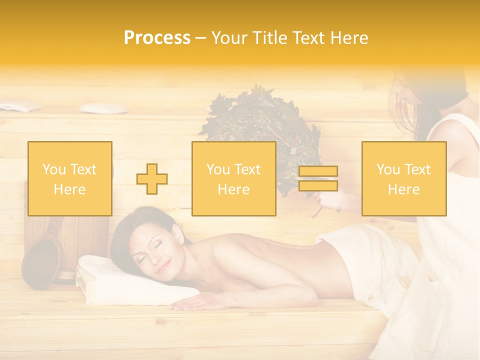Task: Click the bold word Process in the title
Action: pyautogui.click(x=157, y=38)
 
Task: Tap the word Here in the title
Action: pyautogui.click(x=347, y=38)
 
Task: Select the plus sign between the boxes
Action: pyautogui.click(x=152, y=179)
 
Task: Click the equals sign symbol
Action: pyautogui.click(x=318, y=178)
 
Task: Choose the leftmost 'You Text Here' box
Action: pyautogui.click(x=70, y=178)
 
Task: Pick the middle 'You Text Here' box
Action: pyautogui.click(x=233, y=178)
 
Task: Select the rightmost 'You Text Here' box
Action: pyautogui.click(x=403, y=178)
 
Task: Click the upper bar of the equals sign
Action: pyautogui.click(x=318, y=171)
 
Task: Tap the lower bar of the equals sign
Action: pyautogui.click(x=318, y=185)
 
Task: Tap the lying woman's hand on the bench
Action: pyautogui.click(x=187, y=301)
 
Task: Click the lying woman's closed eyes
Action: pyautogui.click(x=150, y=252)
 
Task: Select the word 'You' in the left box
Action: pyautogui.click(x=54, y=169)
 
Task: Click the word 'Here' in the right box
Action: pyautogui.click(x=403, y=189)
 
